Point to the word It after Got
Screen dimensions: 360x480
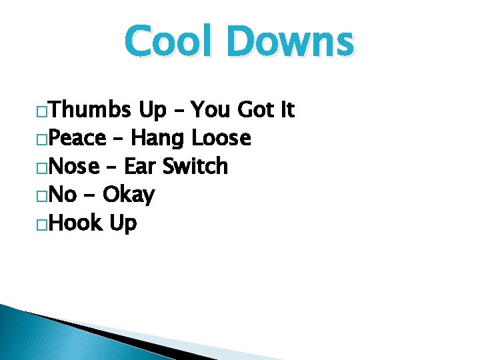287,109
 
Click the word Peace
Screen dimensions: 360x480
78,138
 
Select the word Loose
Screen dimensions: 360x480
221,138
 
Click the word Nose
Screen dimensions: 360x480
75,166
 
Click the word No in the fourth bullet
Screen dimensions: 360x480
63,195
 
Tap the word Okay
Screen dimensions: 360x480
129,195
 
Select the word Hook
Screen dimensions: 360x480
75,223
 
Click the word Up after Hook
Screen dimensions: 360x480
123,224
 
